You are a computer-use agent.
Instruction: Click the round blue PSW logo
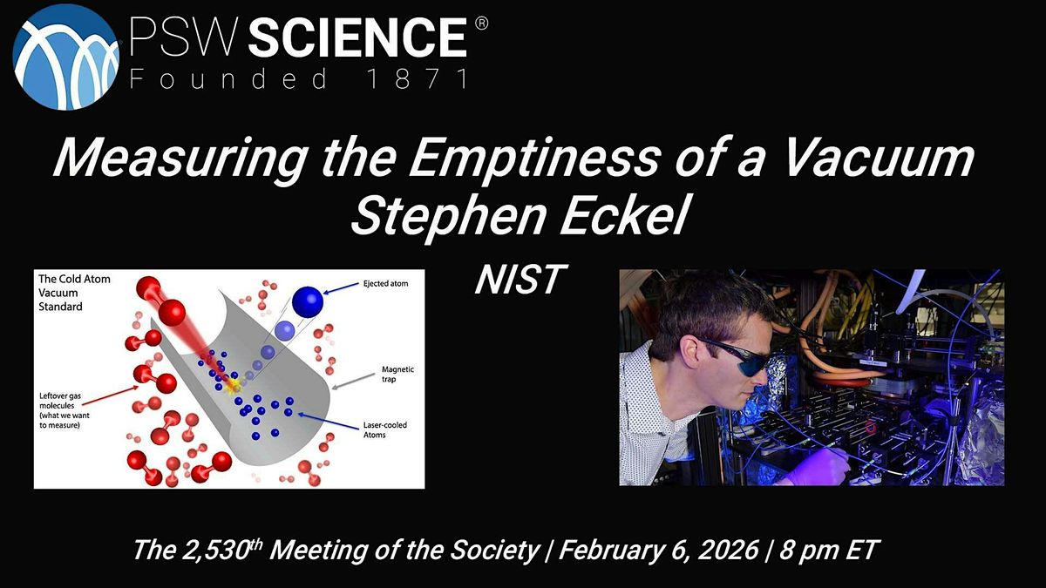66,57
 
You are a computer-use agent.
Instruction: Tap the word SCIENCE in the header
357,37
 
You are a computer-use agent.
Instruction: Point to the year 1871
418,78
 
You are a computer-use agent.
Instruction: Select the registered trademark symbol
481,24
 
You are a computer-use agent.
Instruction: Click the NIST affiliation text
521,280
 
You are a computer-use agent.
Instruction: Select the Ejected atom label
385,283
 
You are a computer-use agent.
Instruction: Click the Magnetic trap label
397,374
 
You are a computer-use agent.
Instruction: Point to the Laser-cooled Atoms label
385,429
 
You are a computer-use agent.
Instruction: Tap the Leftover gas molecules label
64,410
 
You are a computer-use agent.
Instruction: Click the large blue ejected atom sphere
308,302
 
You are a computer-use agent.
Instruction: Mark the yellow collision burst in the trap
232,385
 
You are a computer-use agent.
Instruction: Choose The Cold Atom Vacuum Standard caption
74,293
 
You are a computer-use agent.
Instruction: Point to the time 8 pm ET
830,550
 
